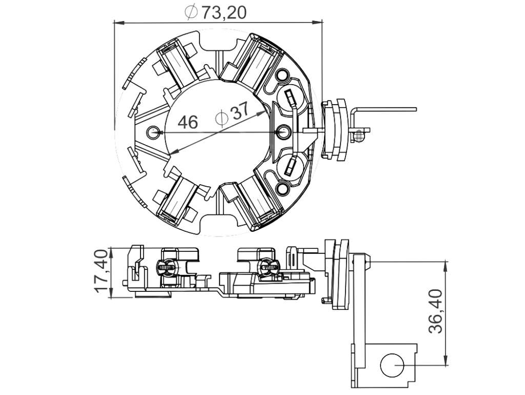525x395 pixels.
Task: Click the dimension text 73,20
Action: (224, 12)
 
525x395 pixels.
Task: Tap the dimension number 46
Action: (188, 122)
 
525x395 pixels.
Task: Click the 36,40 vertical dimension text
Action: (435, 311)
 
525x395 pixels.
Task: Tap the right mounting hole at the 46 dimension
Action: (284, 131)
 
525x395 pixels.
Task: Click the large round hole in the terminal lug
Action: (392, 365)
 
